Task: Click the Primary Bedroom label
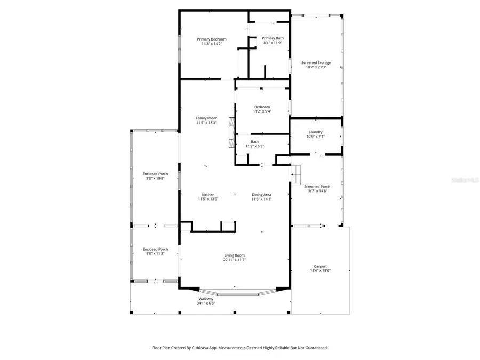212,39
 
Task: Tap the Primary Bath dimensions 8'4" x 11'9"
273,43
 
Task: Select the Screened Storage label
316,63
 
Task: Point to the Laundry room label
316,132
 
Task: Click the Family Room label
206,118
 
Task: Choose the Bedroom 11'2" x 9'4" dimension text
262,111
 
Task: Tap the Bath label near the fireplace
255,141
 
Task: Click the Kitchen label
208,195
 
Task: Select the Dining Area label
262,195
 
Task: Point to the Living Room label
235,255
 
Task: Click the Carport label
320,266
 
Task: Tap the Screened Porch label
317,187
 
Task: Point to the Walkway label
206,299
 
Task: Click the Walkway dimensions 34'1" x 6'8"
206,303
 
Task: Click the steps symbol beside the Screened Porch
295,173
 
